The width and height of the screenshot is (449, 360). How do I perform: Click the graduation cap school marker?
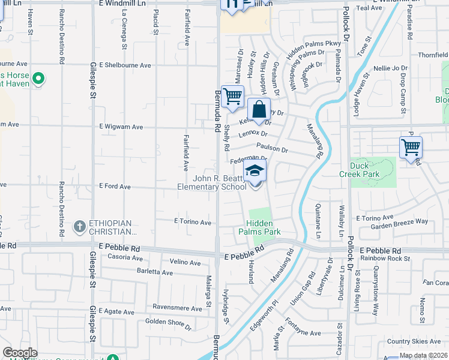(255, 170)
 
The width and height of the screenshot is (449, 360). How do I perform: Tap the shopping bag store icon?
(259, 110)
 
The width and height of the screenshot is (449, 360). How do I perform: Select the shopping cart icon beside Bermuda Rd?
(232, 96)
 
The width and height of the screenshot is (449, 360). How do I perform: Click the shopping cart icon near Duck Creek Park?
(411, 146)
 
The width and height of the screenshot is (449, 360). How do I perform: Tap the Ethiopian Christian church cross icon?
(79, 227)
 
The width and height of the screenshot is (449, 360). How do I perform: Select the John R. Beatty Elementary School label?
(211, 182)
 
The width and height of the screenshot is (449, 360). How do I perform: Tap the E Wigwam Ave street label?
(121, 127)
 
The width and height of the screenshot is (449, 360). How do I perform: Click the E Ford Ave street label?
(115, 187)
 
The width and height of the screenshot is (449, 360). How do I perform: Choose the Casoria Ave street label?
(125, 258)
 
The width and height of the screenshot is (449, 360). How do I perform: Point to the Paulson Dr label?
(271, 148)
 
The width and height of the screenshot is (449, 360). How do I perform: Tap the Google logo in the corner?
(20, 353)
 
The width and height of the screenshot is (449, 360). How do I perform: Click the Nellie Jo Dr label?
(391, 68)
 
